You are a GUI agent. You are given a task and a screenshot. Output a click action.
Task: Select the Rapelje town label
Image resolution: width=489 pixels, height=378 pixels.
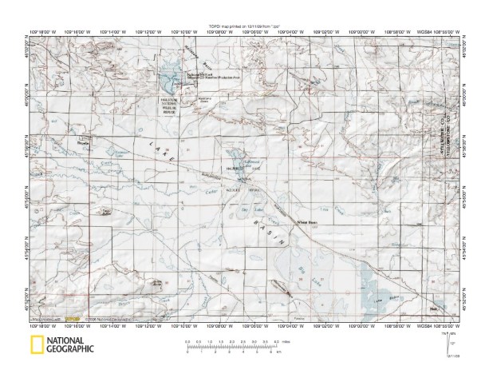(x=60, y=143)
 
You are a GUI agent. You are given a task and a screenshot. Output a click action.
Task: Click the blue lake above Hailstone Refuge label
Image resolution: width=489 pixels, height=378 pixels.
(x=168, y=80)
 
